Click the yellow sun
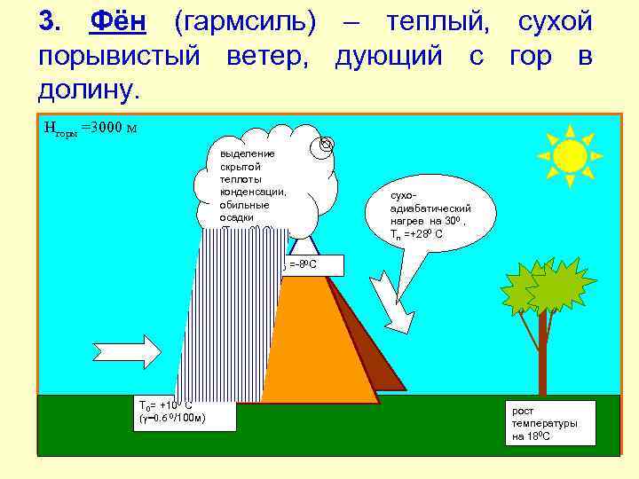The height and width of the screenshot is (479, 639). click(569, 155)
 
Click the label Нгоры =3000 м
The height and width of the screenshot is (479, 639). click(89, 128)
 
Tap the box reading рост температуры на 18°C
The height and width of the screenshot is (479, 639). click(545, 424)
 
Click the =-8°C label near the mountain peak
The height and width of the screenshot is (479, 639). click(302, 264)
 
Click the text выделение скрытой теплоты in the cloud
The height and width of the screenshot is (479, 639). click(253, 173)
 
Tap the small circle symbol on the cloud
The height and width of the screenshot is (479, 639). click(326, 144)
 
